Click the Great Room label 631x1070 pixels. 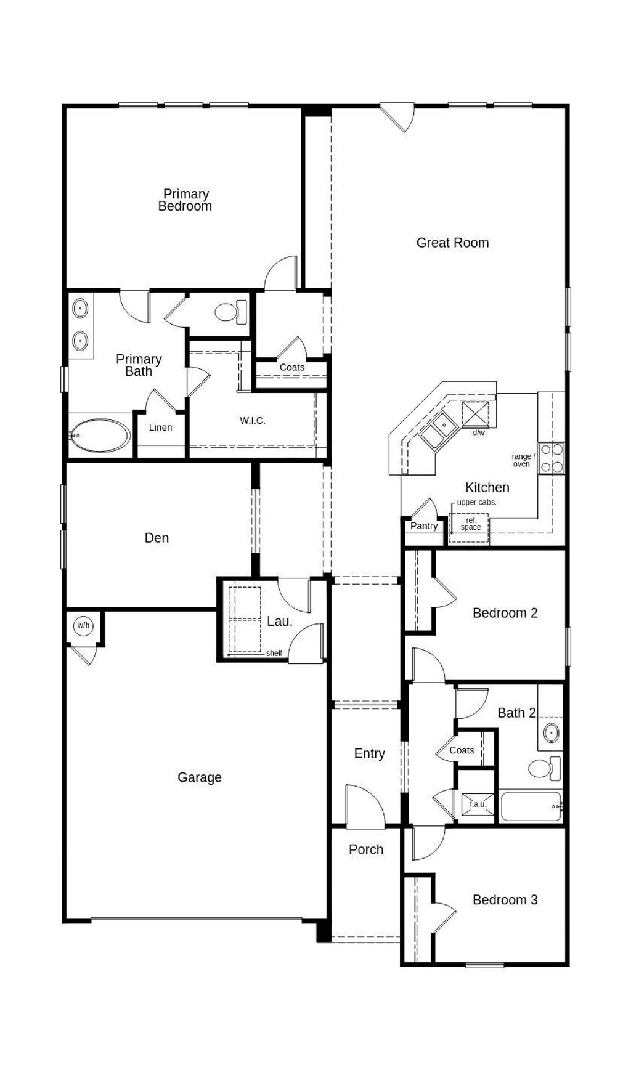(x=452, y=243)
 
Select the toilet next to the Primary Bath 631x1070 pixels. (x=231, y=312)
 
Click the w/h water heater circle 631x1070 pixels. (x=83, y=626)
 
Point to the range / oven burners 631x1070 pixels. (x=552, y=458)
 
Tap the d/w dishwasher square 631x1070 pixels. (x=475, y=414)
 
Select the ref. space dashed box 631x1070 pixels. (x=470, y=527)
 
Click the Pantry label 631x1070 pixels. (x=424, y=525)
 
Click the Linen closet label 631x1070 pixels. (x=160, y=428)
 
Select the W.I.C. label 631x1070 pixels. (x=253, y=421)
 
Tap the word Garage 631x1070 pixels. (x=199, y=777)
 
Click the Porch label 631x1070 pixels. (x=366, y=849)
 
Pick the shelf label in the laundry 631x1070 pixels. (x=274, y=653)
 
